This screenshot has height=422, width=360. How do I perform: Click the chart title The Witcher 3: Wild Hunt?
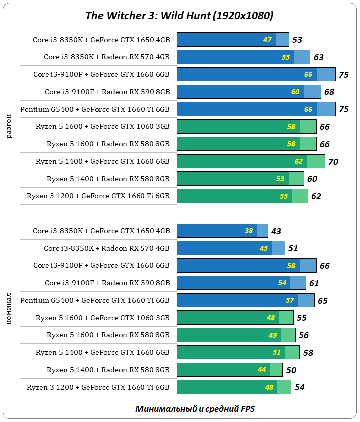pos(179,16)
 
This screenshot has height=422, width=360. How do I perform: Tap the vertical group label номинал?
pos(10,309)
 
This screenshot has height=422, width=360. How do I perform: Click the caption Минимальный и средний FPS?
pos(195,409)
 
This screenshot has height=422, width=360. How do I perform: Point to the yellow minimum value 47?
pos(267,40)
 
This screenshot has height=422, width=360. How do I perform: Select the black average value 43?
pos(277,231)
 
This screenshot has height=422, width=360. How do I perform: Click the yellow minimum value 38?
pos(249,231)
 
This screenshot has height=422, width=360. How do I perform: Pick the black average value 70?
pos(334,161)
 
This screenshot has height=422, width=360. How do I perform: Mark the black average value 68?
pos(329,92)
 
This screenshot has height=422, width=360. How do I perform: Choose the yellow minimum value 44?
pos(262,370)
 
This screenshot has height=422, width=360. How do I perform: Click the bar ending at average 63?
pos(243,57)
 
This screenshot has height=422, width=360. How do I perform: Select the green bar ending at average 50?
pos(230,370)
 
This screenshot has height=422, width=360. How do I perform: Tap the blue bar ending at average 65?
pos(246,300)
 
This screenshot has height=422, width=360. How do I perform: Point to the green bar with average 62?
pos(242,196)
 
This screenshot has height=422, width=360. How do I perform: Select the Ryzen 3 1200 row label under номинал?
pos(98,387)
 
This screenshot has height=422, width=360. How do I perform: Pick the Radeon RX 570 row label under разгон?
pos(107,57)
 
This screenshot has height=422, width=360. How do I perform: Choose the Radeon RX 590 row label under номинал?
pos(107,283)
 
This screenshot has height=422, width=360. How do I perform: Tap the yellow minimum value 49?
pos(273,335)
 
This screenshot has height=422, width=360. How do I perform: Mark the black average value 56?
pos(303,336)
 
